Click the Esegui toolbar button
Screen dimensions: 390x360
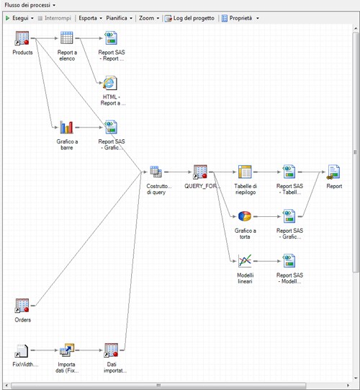tap(20, 17)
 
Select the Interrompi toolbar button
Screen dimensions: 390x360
tap(55, 17)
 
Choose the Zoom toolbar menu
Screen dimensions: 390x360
tap(148, 17)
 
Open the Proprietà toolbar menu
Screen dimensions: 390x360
tap(240, 17)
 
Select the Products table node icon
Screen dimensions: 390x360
tap(22, 39)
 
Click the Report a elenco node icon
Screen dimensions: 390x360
tap(67, 39)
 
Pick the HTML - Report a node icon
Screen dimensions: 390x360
tap(111, 84)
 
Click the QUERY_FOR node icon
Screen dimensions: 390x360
tap(200, 172)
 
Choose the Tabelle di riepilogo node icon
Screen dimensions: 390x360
tap(245, 172)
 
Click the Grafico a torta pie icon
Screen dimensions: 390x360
tap(245, 216)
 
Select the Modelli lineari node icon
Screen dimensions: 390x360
tap(245, 261)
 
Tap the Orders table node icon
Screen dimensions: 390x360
tap(22, 306)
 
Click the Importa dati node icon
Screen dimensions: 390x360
tap(67, 350)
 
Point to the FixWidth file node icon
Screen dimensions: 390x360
tap(22, 350)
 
